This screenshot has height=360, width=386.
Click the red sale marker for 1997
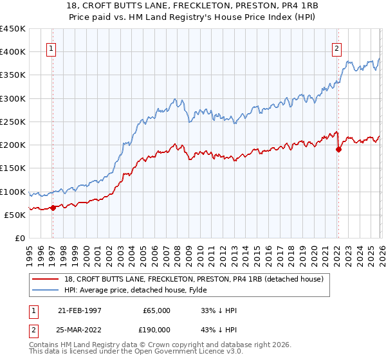click(53, 207)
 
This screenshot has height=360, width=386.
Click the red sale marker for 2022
click(338, 149)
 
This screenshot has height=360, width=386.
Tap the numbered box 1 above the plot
click(51, 47)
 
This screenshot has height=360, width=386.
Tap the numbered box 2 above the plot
click(336, 47)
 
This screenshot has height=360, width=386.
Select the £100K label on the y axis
click(13, 192)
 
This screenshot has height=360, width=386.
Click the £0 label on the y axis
click(19, 238)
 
